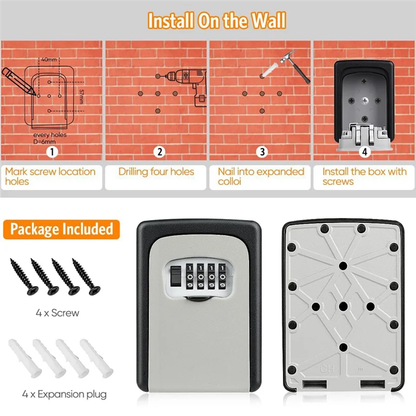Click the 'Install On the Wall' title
[216, 20]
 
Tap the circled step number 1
[51, 152]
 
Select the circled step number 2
[160, 152]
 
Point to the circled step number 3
[263, 152]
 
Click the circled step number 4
[364, 152]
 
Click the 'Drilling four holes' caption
[156, 172]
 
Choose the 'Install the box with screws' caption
[364, 176]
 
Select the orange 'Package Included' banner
[61, 229]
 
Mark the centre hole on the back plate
[343, 307]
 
